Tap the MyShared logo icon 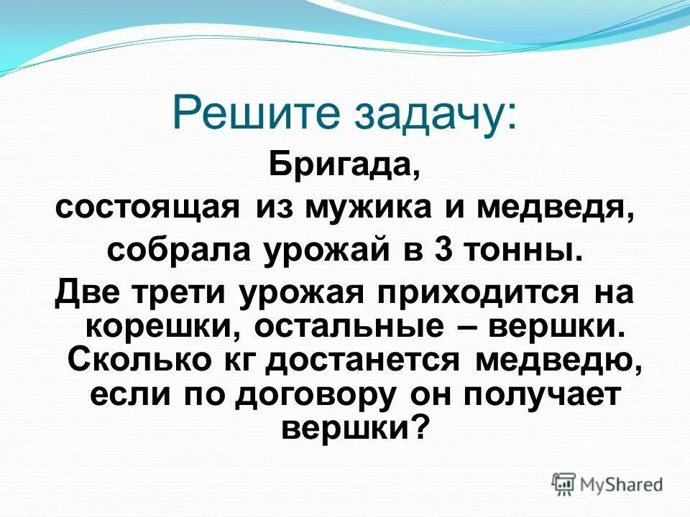tap(563, 483)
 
